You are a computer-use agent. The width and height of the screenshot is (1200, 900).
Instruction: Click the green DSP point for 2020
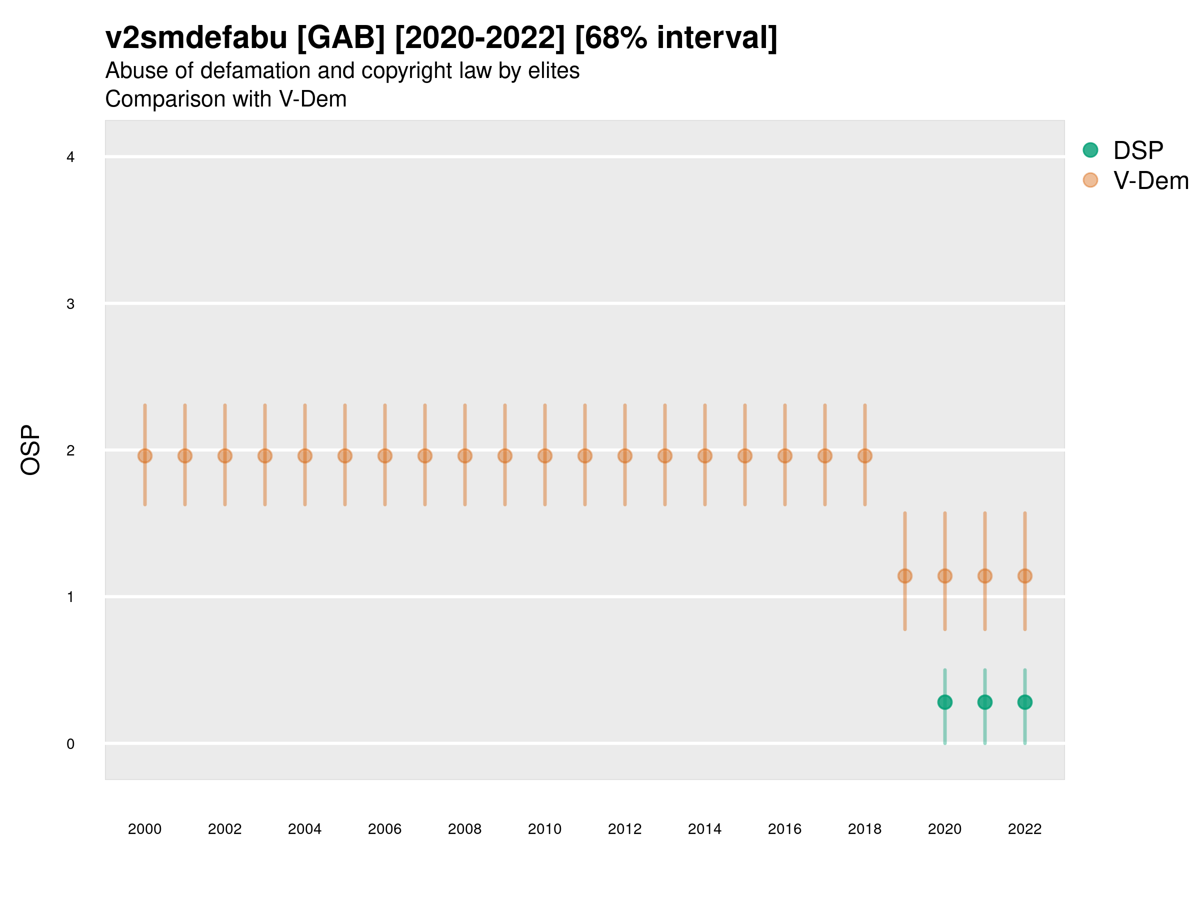click(x=944, y=702)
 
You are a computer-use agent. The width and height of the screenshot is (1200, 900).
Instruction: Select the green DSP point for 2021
click(x=984, y=702)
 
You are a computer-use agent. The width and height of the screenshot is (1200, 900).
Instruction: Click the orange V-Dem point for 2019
click(x=905, y=575)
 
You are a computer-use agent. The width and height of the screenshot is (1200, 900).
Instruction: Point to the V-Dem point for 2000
click(x=145, y=455)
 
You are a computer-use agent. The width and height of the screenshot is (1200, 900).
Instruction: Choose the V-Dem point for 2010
click(x=544, y=455)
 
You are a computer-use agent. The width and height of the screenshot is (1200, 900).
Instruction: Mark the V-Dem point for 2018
click(x=864, y=455)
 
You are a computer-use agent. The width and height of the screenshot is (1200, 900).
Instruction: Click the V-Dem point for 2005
click(x=345, y=455)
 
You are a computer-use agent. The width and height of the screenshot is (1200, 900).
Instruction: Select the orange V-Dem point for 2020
click(x=944, y=575)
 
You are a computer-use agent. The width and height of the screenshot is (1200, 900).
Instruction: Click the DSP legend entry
click(x=1137, y=150)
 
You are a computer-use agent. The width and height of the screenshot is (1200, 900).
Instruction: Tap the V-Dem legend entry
click(x=1150, y=180)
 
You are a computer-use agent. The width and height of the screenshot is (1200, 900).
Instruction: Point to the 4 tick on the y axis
click(x=70, y=157)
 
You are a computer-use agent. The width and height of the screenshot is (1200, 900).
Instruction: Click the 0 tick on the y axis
click(x=70, y=744)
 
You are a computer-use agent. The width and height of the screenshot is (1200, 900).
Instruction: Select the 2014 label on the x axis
click(x=704, y=829)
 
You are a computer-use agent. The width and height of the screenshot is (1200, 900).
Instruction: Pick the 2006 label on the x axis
click(x=384, y=829)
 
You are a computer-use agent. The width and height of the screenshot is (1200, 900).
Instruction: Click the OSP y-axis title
click(x=30, y=449)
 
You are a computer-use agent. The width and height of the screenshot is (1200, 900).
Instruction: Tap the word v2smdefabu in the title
click(x=196, y=37)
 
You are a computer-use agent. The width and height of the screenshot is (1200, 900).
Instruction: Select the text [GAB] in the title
click(x=341, y=37)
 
